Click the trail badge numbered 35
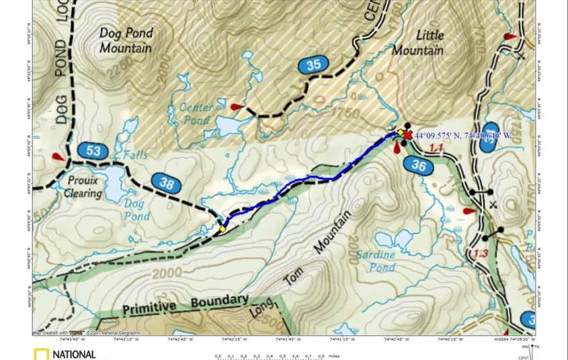314,65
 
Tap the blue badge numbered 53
93,150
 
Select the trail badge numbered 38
166,181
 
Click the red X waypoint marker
407,135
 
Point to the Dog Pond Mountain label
126,40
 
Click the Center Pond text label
196,114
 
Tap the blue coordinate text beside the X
462,136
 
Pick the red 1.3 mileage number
480,253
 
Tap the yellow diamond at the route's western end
222,230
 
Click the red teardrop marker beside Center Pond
235,107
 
